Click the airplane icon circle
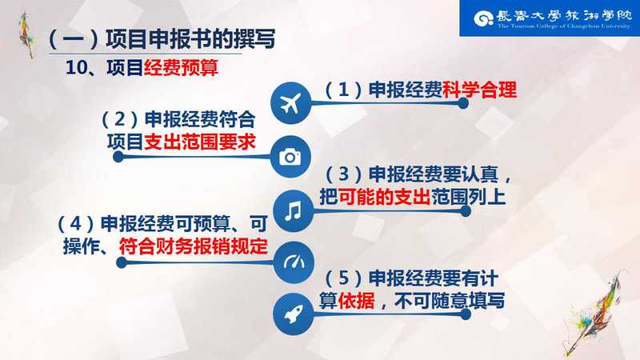(x=290, y=103)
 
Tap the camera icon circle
(x=290, y=157)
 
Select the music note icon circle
(x=293, y=211)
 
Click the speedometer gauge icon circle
(x=294, y=262)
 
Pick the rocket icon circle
(x=293, y=314)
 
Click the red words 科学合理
(x=479, y=90)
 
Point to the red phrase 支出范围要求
(x=199, y=142)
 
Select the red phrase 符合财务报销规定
(x=193, y=246)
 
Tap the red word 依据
(x=356, y=301)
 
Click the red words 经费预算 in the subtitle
(x=181, y=67)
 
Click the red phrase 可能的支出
(x=384, y=197)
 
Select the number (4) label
(x=76, y=224)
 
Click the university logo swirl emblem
(x=484, y=18)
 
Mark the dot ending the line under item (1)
(x=463, y=103)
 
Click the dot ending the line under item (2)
(x=118, y=157)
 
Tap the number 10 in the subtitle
(x=77, y=68)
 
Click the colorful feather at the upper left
(x=26, y=35)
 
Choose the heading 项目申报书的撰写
(x=190, y=39)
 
